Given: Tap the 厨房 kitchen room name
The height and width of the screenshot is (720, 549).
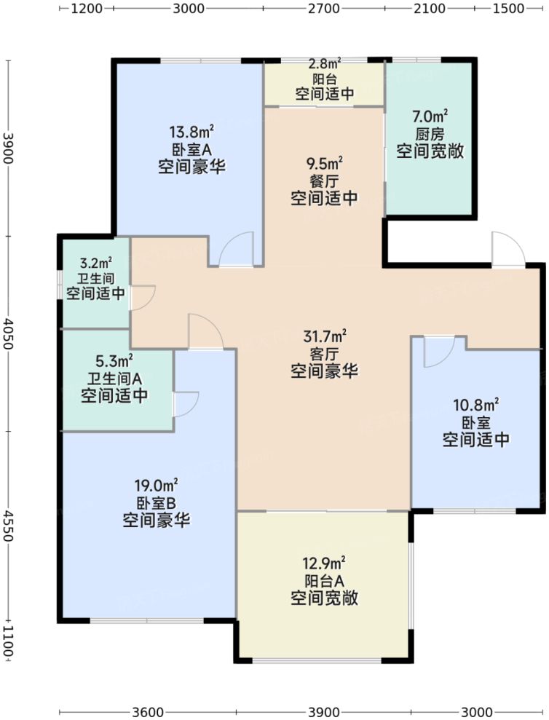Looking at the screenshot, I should click(430, 134).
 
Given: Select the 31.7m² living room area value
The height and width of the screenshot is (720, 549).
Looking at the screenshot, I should click(324, 336).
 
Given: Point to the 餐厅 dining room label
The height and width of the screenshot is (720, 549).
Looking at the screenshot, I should click(323, 180).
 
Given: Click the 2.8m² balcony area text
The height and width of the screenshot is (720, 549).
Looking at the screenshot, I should click(324, 65).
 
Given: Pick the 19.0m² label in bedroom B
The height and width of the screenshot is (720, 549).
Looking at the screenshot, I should click(156, 485).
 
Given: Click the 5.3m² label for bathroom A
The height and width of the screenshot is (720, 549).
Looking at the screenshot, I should click(114, 360).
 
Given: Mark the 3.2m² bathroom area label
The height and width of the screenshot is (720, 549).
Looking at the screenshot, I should click(95, 263).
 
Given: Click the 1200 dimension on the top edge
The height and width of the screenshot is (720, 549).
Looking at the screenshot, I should click(87, 9).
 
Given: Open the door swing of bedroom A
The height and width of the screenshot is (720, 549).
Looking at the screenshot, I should click(236, 249).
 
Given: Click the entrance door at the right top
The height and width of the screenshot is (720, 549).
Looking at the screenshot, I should click(507, 250).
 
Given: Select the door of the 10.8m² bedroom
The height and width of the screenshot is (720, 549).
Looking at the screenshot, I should click(439, 351).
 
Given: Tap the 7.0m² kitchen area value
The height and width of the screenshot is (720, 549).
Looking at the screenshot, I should click(430, 116).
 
